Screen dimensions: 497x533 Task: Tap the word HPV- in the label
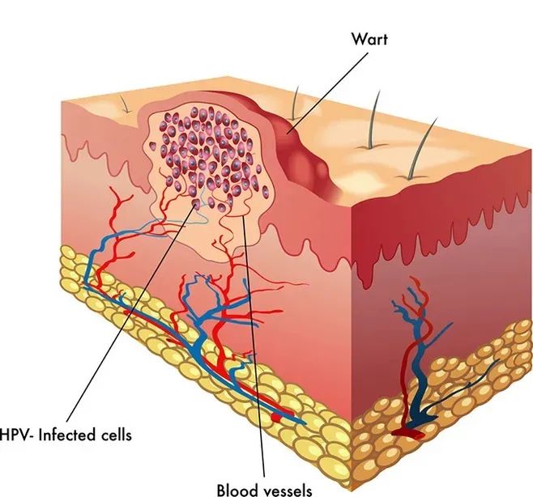click(x=19, y=435)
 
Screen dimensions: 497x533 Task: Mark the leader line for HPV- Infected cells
click(x=122, y=316)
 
